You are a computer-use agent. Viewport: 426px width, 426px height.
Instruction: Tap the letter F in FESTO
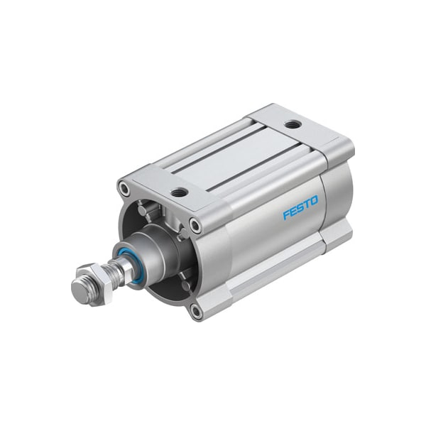click(286, 214)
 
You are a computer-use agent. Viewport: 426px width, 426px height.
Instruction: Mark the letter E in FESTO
click(293, 212)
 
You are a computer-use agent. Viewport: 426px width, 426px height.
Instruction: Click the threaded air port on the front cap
click(180, 192)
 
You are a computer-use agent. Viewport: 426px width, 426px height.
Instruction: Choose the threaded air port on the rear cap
click(293, 125)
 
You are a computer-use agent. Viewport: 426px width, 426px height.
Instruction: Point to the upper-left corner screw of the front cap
click(125, 189)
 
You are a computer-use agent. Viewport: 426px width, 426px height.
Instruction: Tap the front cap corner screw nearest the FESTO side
click(195, 226)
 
